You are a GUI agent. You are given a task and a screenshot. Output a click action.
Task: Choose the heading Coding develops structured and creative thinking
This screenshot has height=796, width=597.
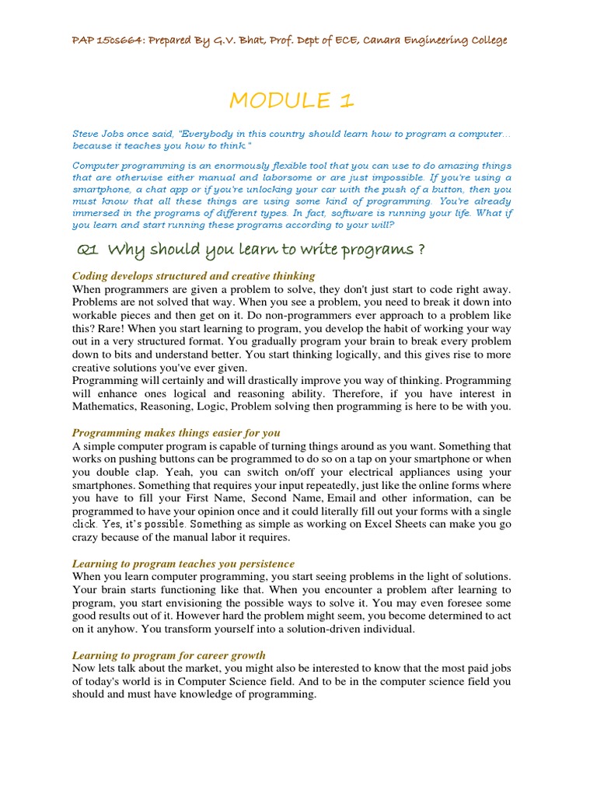(x=194, y=276)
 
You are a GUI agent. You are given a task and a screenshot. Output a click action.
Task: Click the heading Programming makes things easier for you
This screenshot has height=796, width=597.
(x=176, y=432)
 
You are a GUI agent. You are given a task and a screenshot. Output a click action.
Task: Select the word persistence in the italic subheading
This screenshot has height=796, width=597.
(x=262, y=563)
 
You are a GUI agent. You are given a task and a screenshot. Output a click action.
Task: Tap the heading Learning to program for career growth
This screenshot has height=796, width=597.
(x=169, y=655)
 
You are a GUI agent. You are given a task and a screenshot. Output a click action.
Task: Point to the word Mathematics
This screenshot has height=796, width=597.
(x=107, y=407)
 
